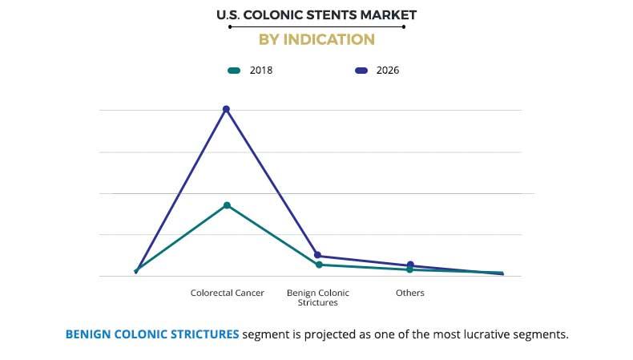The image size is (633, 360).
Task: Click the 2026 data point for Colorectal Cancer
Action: [x=226, y=109]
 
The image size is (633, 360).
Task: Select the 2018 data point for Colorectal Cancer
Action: [x=227, y=205]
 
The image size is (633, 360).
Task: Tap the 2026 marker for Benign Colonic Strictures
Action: [x=318, y=255]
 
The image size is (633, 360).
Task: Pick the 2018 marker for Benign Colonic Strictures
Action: [x=318, y=265]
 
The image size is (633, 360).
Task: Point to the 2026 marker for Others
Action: [x=410, y=265]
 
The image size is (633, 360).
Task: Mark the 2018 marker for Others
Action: [x=410, y=270]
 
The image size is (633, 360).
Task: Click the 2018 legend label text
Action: [x=260, y=71]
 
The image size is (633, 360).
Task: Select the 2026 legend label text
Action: [x=387, y=71]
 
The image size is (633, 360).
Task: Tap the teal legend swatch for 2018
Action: [x=234, y=71]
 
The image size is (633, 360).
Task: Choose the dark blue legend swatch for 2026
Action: [x=361, y=71]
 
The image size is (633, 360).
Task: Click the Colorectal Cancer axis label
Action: [x=227, y=293]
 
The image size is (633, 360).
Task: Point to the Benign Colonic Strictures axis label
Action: [x=318, y=297]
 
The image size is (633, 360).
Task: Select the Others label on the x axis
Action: [x=410, y=293]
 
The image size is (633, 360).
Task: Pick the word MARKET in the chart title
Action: [x=392, y=15]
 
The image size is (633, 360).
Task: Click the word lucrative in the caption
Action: [x=481, y=334]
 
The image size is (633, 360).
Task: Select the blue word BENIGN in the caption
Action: [x=91, y=334]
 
